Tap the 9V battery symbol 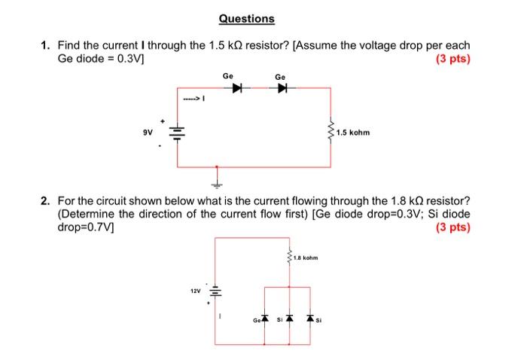(178, 134)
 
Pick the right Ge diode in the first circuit (282, 88)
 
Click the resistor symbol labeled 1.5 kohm (330, 133)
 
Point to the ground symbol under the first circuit (217, 182)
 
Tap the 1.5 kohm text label (354, 134)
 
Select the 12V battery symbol (215, 291)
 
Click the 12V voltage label (195, 288)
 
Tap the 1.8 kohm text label (306, 258)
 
